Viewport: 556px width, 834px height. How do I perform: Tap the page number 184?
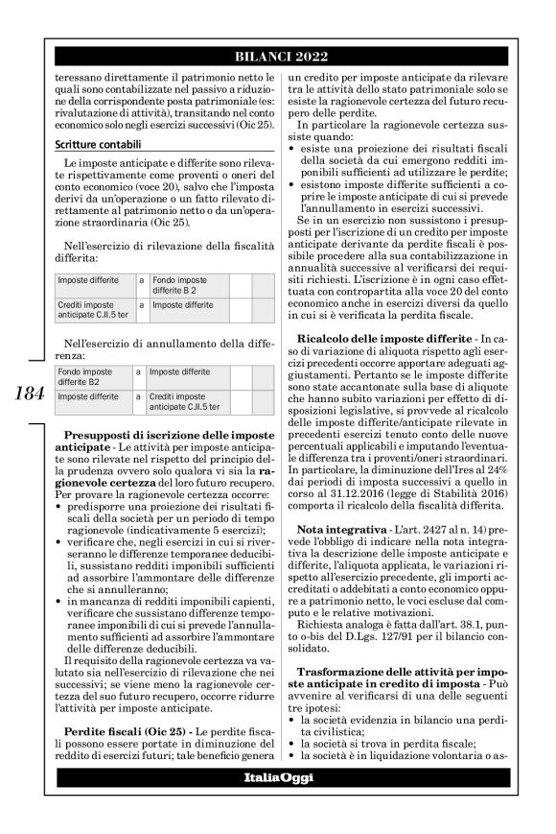point(24,393)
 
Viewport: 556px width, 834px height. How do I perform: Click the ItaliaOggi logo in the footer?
point(278,775)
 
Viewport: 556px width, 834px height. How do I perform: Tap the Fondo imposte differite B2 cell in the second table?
point(90,374)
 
